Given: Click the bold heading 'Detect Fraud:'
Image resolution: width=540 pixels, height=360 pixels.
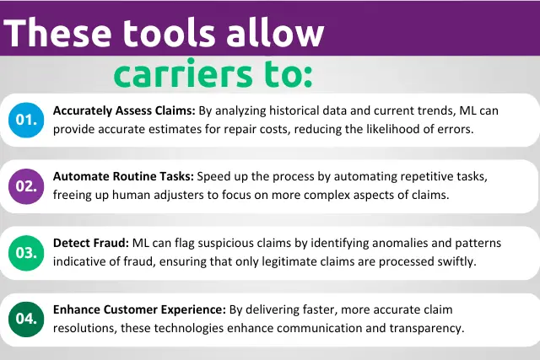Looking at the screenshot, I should pos(91,243).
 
